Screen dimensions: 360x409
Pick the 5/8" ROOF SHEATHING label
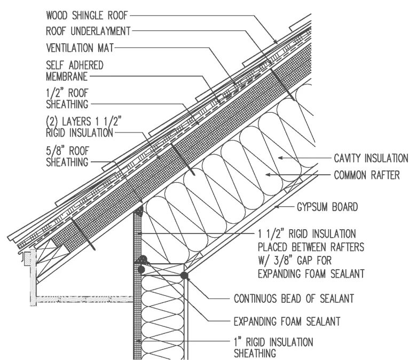click(67, 156)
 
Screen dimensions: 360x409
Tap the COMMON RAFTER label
click(367, 175)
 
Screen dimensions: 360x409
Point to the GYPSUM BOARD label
click(327, 206)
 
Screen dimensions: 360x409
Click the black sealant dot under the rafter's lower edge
click(184, 276)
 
